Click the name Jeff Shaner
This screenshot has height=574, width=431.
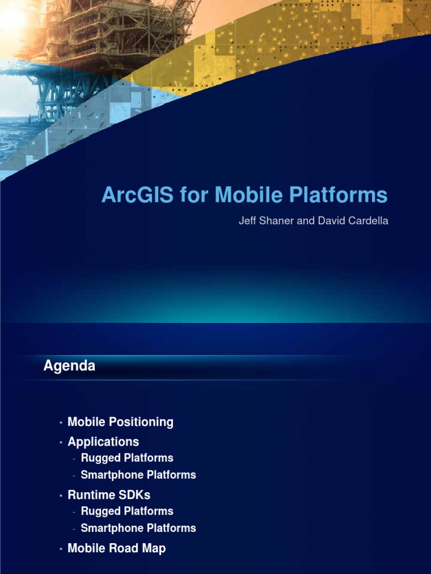pyautogui.click(x=262, y=221)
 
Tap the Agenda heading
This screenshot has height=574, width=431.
pyautogui.click(x=69, y=366)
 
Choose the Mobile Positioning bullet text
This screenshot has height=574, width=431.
pyautogui.click(x=120, y=422)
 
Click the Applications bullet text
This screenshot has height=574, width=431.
pyautogui.click(x=103, y=442)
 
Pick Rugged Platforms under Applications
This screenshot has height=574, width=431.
pyautogui.click(x=127, y=458)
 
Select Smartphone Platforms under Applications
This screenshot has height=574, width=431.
pyautogui.click(x=138, y=475)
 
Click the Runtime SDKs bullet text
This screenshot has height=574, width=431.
pyautogui.click(x=109, y=495)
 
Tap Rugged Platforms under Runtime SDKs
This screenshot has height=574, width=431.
pyautogui.click(x=127, y=511)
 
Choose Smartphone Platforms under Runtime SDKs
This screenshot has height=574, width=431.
pyautogui.click(x=138, y=528)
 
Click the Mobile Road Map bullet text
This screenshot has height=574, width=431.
pyautogui.click(x=116, y=548)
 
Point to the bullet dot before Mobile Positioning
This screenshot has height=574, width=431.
pyautogui.click(x=61, y=423)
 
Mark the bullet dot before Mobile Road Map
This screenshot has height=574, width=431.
pyautogui.click(x=61, y=549)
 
